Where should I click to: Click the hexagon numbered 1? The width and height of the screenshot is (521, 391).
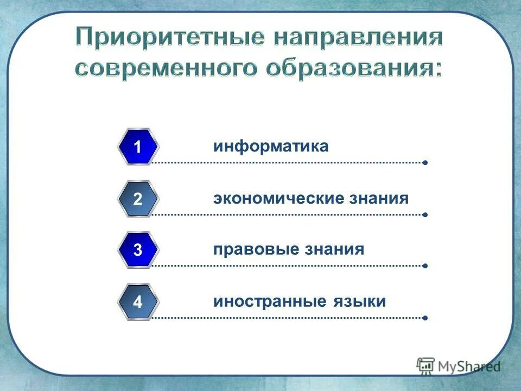click(x=138, y=147)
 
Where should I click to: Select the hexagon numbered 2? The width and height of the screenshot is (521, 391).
click(x=138, y=199)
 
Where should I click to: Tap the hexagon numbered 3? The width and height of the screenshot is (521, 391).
click(x=138, y=250)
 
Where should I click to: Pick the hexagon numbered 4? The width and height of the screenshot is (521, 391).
click(x=138, y=301)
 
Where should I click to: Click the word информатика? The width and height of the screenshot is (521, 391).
click(x=271, y=147)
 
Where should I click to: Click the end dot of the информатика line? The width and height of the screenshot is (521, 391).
click(x=425, y=162)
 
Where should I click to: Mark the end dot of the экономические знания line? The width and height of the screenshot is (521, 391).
click(x=425, y=215)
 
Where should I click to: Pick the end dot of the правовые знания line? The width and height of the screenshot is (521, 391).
click(x=425, y=266)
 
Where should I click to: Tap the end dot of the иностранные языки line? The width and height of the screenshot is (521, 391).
click(x=425, y=317)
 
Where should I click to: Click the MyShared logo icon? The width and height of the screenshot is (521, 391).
click(x=425, y=365)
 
